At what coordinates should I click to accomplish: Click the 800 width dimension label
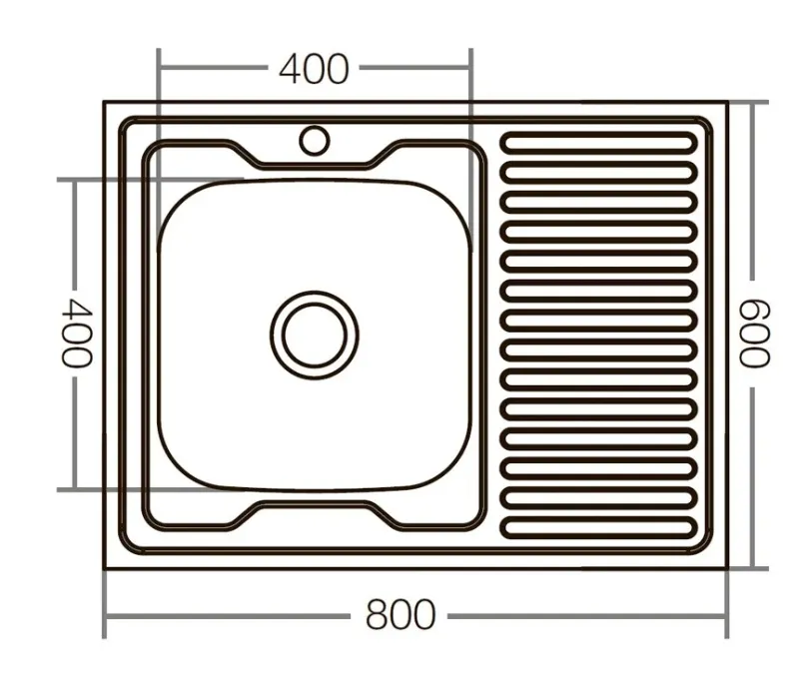tap(401, 615)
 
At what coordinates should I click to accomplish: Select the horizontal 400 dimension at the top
tap(314, 69)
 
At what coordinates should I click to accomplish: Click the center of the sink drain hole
tap(314, 335)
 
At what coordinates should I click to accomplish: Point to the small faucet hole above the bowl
tap(314, 140)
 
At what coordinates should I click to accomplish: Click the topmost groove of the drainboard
tap(598, 143)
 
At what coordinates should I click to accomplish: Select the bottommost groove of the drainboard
tap(598, 525)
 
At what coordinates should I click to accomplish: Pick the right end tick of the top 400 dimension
tap(469, 69)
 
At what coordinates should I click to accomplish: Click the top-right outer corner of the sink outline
tap(726, 102)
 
